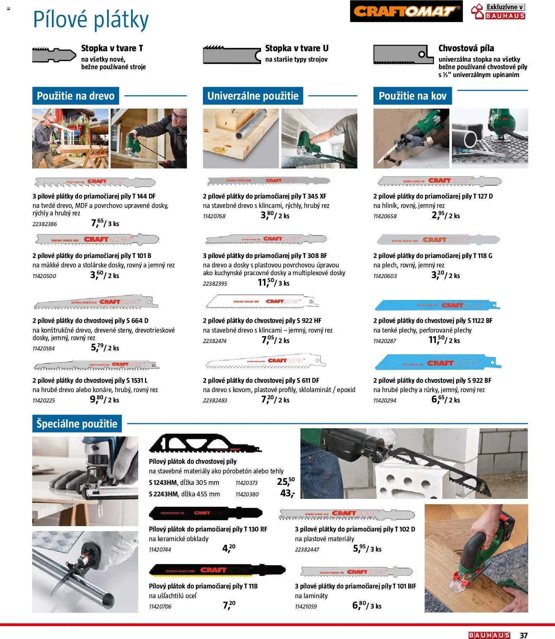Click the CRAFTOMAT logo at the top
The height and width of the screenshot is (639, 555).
pyautogui.click(x=406, y=11)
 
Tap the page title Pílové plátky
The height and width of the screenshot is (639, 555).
pyautogui.click(x=91, y=20)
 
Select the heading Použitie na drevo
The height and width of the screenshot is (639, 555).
pyautogui.click(x=76, y=96)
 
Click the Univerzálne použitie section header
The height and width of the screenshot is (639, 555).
pyautogui.click(x=253, y=96)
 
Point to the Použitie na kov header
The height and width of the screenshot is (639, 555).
pyautogui.click(x=412, y=96)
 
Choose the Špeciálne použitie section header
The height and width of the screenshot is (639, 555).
pyautogui.click(x=77, y=424)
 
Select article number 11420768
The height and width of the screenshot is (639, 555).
pyautogui.click(x=214, y=216)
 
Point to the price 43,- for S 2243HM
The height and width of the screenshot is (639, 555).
pyautogui.click(x=287, y=493)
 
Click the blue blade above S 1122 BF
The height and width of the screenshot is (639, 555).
pyautogui.click(x=437, y=305)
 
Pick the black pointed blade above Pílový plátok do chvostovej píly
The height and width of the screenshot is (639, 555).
pyautogui.click(x=205, y=444)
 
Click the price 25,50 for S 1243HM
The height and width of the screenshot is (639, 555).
pyautogui.click(x=285, y=481)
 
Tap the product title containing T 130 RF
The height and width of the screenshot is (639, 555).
pyautogui.click(x=208, y=529)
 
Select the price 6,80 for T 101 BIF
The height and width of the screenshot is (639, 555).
pyautogui.click(x=359, y=605)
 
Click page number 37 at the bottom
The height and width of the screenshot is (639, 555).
pyautogui.click(x=523, y=635)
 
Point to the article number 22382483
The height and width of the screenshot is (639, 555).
pyautogui.click(x=215, y=400)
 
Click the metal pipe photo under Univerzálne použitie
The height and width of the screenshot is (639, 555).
pyautogui.click(x=241, y=138)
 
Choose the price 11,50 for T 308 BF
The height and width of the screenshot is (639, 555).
pyautogui.click(x=266, y=282)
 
